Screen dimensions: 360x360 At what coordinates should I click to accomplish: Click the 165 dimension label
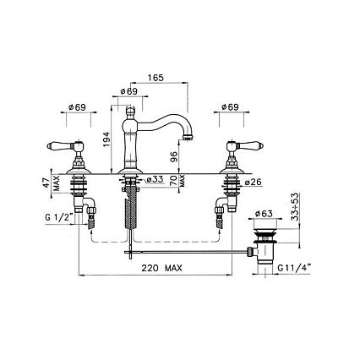click(155, 78)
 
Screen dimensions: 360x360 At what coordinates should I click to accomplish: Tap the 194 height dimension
click(106, 139)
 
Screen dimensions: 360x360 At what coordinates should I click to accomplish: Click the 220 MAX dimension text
click(161, 268)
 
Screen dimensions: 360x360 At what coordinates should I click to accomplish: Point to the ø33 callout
click(155, 180)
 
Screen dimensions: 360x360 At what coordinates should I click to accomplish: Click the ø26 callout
click(253, 183)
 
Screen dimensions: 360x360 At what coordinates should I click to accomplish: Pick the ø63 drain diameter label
click(264, 214)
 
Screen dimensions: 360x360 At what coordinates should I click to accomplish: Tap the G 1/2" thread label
click(59, 217)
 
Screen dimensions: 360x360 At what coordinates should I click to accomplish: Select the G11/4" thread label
click(294, 268)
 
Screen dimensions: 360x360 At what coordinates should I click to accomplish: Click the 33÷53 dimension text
click(295, 207)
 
